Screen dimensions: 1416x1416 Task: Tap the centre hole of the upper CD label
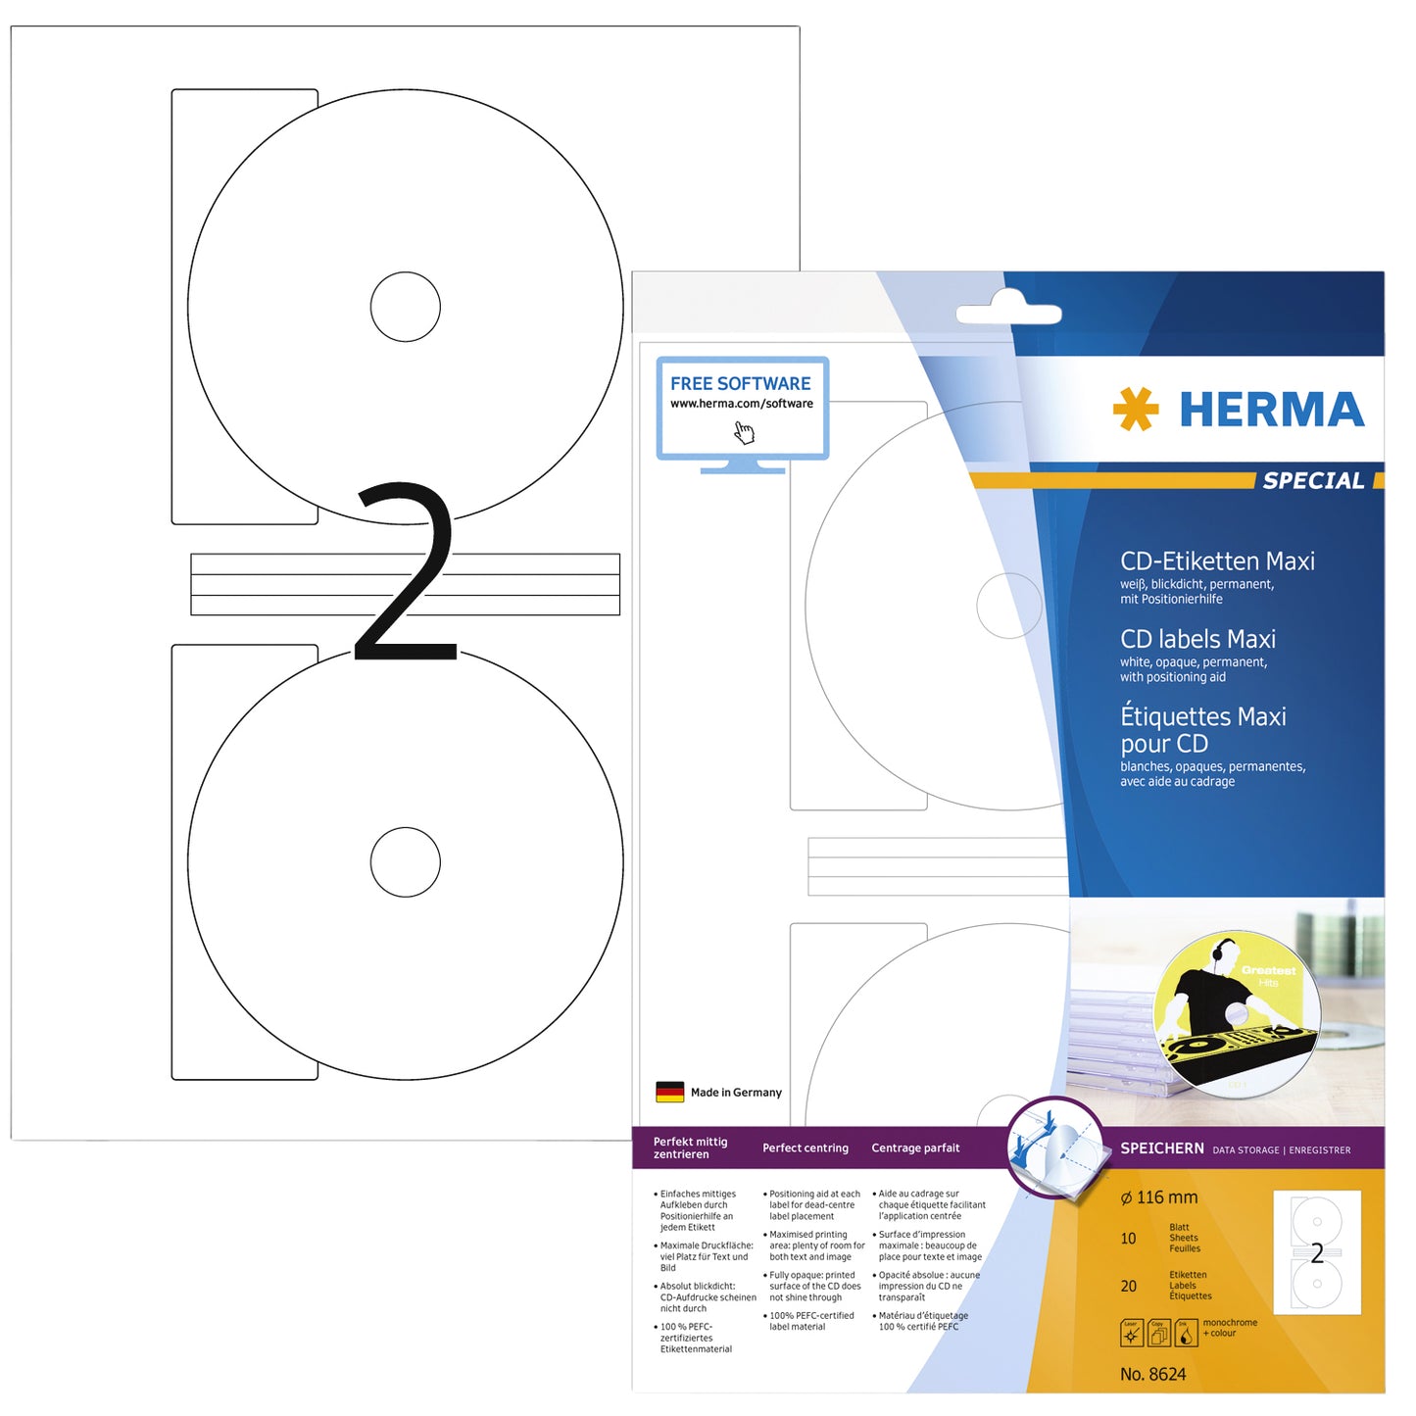tap(405, 307)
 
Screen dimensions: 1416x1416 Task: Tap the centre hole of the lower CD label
tap(405, 861)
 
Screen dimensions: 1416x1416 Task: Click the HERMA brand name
tap(1271, 410)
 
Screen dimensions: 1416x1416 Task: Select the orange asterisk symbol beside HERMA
tap(1136, 409)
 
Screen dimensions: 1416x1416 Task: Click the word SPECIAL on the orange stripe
tap(1312, 480)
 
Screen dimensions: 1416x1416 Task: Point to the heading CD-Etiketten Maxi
tap(1217, 562)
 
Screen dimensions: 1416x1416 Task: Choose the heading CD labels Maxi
tap(1197, 639)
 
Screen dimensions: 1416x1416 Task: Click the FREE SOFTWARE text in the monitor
tap(740, 383)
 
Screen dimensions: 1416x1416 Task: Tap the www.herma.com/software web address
tap(742, 404)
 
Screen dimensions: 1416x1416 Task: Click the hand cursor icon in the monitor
tap(745, 432)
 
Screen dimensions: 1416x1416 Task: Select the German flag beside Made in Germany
tap(669, 1092)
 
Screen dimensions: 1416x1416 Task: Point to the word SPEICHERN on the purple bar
tap(1161, 1148)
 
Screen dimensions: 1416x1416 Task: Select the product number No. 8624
tap(1152, 1374)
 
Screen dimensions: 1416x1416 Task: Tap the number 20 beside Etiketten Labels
tap(1128, 1286)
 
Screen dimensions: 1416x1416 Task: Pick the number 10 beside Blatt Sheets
tap(1128, 1239)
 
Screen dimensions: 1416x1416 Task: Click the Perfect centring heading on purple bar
tap(806, 1148)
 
